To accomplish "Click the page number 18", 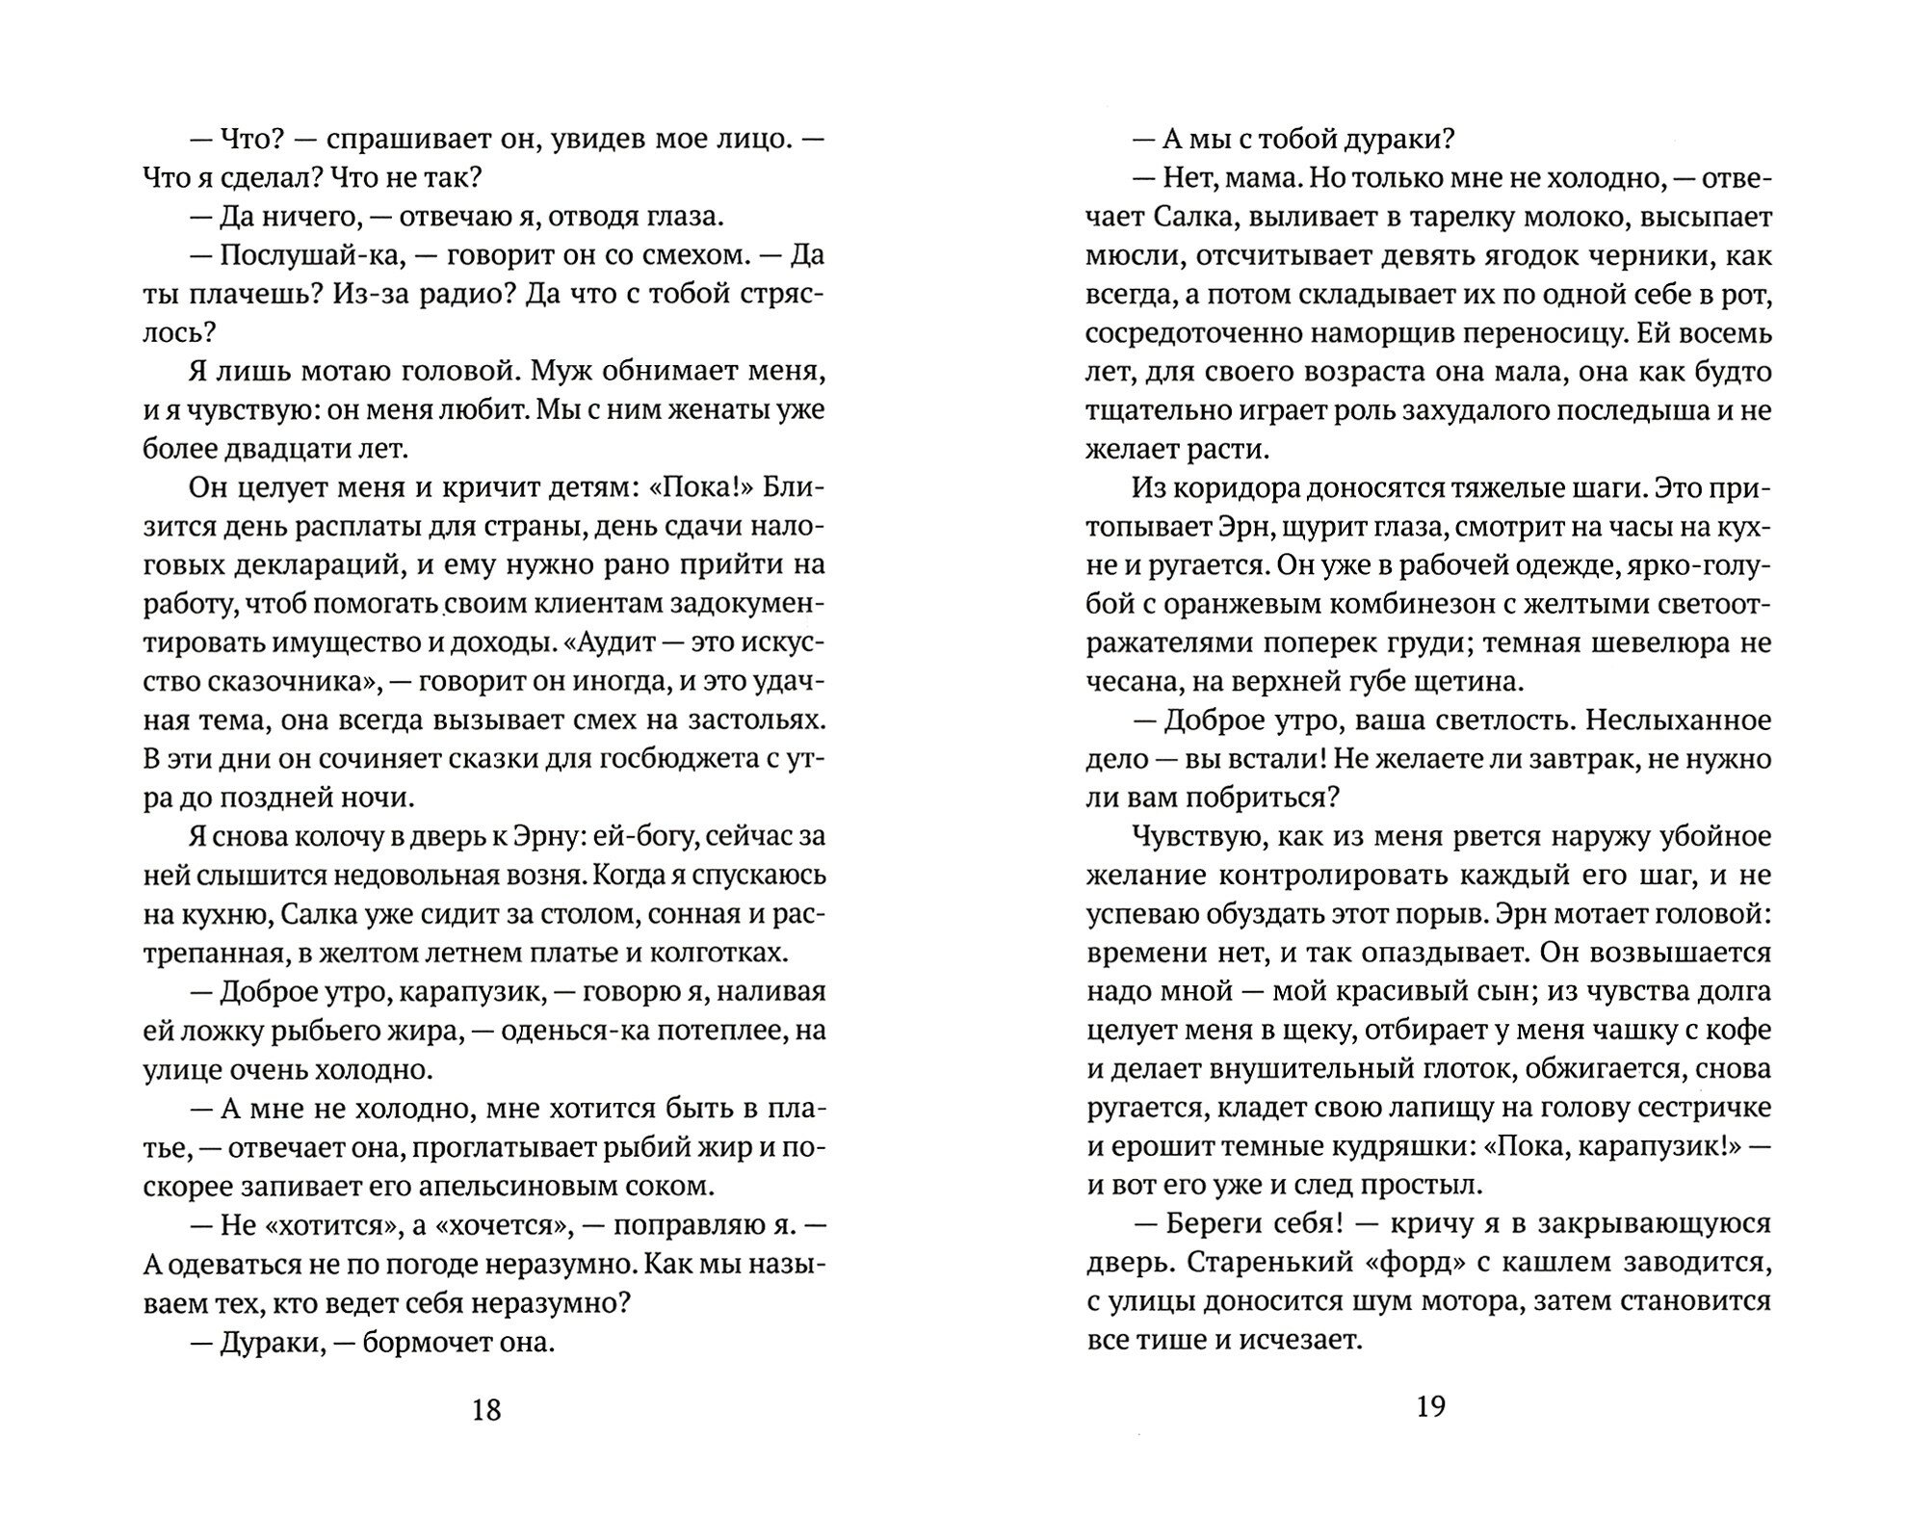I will (486, 1410).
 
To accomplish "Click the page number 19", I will (1430, 1407).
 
